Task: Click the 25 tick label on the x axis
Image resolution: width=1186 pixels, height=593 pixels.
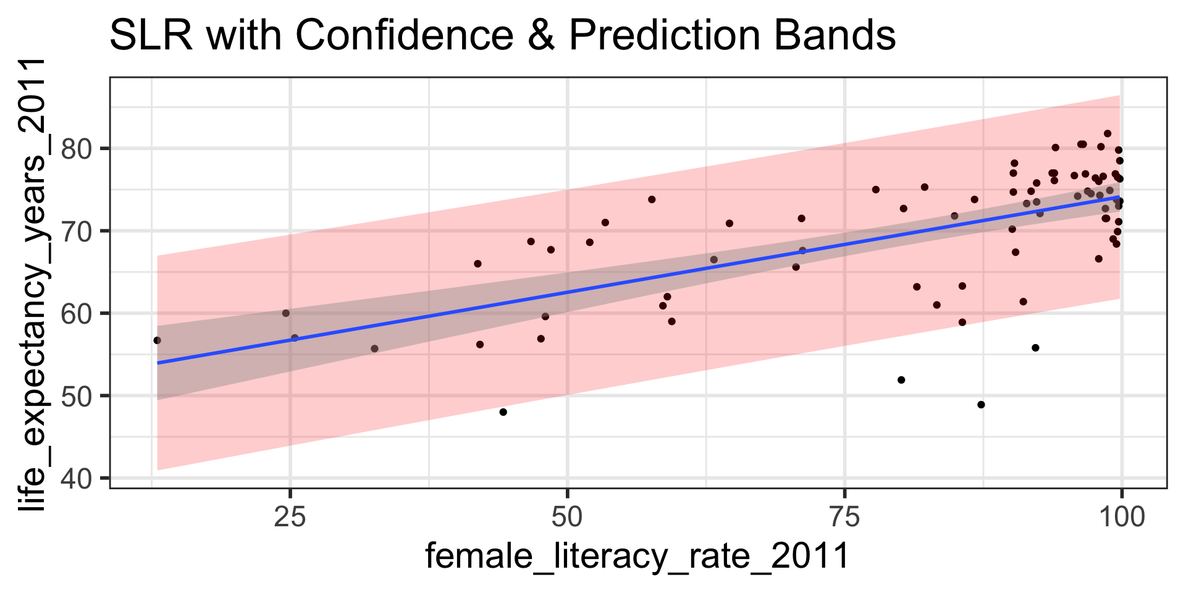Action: click(290, 517)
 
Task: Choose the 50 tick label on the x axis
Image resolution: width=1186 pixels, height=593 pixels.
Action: click(567, 517)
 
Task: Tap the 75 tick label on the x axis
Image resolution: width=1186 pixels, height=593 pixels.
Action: click(844, 517)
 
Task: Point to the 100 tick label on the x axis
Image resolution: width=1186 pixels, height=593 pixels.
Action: click(1121, 517)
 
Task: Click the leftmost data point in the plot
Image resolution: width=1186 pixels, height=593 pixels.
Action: click(157, 340)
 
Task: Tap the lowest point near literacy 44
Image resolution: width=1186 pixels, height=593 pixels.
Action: click(503, 412)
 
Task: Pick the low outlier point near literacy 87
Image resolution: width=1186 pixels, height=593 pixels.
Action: click(981, 405)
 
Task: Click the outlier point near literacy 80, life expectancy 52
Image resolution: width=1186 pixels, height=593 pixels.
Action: click(901, 380)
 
